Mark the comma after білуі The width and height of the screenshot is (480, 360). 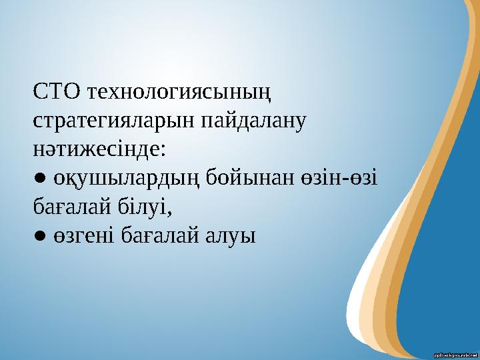171,212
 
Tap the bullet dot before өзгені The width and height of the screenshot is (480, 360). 40,236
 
